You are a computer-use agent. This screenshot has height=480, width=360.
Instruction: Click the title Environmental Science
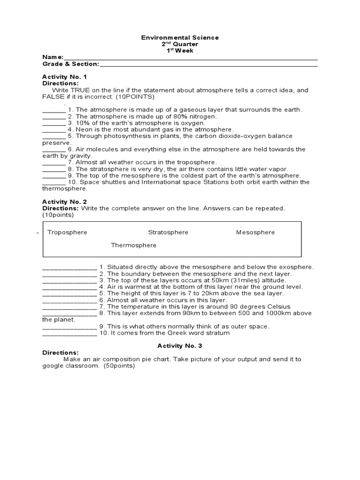tap(180, 37)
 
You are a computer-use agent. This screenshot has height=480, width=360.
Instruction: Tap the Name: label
tap(53, 57)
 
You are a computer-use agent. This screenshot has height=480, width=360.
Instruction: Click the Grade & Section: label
tap(71, 64)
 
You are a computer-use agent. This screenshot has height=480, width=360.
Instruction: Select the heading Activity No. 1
tap(65, 76)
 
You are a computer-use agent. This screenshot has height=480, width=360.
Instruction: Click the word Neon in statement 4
tap(84, 129)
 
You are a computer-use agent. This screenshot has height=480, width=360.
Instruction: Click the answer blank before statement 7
tap(54, 162)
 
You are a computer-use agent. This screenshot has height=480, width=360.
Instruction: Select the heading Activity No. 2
tap(65, 202)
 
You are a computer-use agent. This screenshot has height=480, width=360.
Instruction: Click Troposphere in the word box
tap(67, 232)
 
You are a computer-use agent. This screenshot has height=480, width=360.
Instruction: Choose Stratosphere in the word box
tap(168, 232)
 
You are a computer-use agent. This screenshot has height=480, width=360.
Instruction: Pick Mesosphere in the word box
tap(255, 232)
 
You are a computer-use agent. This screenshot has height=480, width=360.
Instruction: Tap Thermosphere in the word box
tap(134, 245)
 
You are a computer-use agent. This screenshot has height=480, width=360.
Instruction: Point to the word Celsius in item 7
tap(255, 307)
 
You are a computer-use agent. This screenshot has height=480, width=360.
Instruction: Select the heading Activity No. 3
tap(180, 346)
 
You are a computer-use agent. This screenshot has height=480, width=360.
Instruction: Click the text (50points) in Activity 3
tap(119, 366)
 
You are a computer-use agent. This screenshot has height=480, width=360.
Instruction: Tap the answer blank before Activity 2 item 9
tap(69, 326)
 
